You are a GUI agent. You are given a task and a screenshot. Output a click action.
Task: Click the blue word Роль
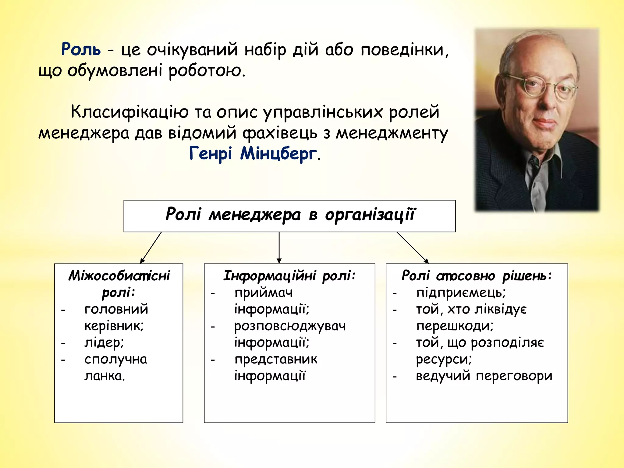81,49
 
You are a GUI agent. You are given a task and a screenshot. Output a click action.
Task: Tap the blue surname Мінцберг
278,154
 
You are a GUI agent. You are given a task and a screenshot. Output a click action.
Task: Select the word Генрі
211,154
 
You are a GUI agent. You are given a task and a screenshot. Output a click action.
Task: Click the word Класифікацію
130,112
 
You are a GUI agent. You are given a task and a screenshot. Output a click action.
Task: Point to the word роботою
207,71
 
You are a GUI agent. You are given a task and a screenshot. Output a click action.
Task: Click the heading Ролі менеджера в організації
290,214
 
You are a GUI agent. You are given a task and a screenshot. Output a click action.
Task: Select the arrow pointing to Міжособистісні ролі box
151,247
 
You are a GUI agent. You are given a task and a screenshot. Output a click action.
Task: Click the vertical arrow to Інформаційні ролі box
279,247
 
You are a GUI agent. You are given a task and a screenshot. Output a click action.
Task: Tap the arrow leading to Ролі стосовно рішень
413,247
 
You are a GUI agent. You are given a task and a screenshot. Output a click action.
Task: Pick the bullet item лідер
104,343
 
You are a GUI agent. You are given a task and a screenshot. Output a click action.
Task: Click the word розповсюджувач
290,326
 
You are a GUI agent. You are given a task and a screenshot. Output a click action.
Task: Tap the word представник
276,360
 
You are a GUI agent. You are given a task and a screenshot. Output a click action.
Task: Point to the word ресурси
444,360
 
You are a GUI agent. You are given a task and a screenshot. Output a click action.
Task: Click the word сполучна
116,360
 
